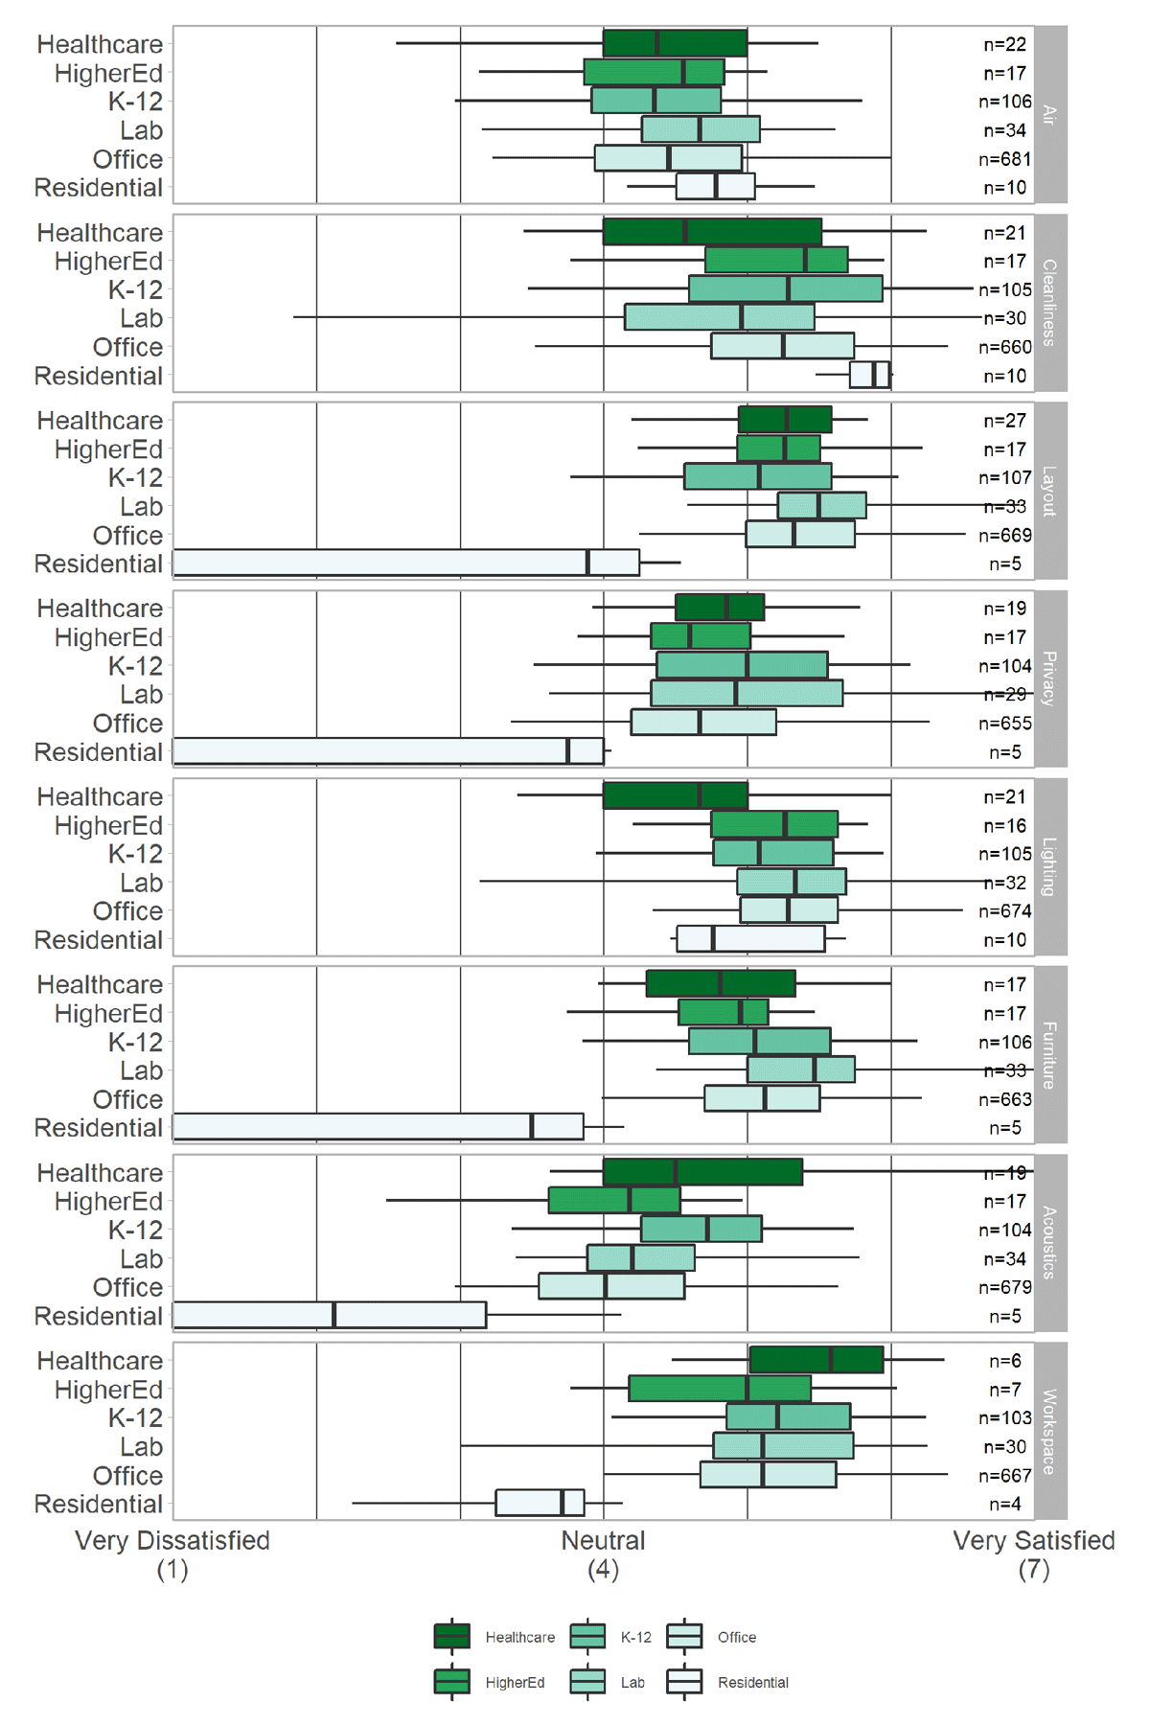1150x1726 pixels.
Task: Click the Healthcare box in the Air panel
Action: [675, 43]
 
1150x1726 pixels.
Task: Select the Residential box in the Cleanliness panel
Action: [869, 375]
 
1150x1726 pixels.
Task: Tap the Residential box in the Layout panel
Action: [405, 563]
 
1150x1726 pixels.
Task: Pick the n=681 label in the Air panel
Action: [1004, 159]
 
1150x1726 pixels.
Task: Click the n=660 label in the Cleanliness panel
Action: [1004, 347]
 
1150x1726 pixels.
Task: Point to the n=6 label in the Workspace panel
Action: [1004, 1361]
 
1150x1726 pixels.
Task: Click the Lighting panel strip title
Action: [1050, 866]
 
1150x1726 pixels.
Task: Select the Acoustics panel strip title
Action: [1050, 1242]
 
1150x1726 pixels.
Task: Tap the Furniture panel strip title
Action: [1050, 1054]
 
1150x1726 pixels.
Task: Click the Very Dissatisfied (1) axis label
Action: [172, 1554]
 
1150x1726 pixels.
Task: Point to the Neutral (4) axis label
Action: [603, 1554]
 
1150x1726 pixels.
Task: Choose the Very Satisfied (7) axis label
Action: [1033, 1554]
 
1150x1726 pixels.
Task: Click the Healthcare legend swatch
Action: [452, 1636]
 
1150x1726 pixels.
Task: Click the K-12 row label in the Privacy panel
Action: [135, 665]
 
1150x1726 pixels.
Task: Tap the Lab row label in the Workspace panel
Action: [141, 1446]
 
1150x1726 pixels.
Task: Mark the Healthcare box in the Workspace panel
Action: [816, 1360]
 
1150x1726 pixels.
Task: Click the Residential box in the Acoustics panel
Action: [330, 1315]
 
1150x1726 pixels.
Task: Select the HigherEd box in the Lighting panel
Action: [774, 824]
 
